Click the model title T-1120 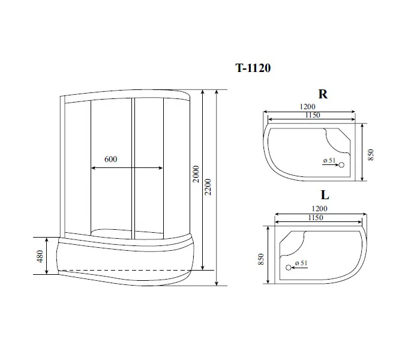252,68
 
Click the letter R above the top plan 323,95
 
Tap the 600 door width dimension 110,159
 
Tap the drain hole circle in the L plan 288,267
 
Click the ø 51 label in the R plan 328,160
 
